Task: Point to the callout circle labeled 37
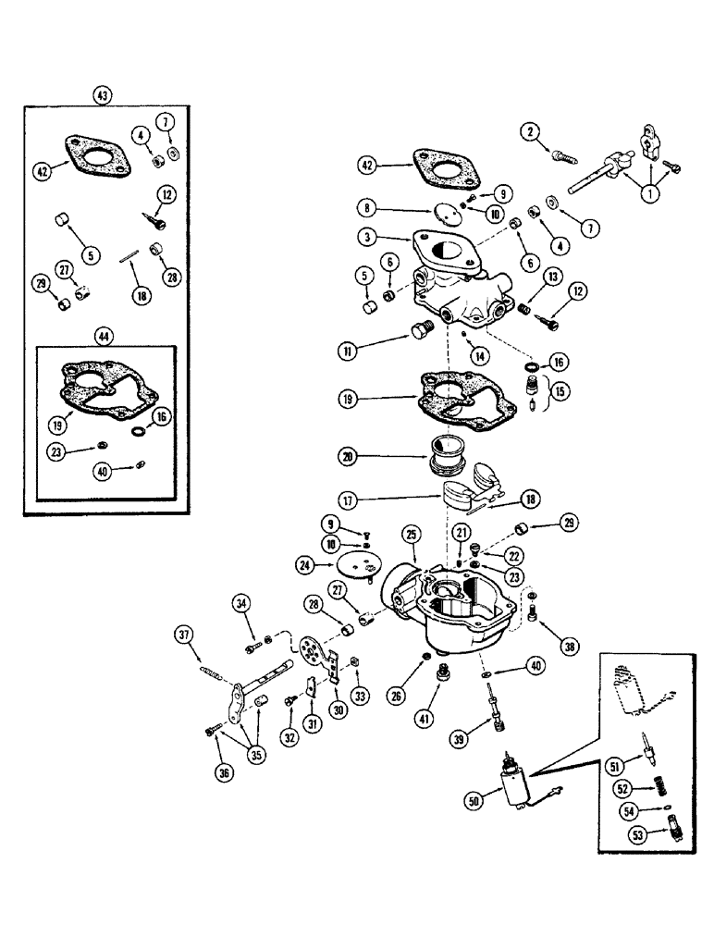(183, 634)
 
